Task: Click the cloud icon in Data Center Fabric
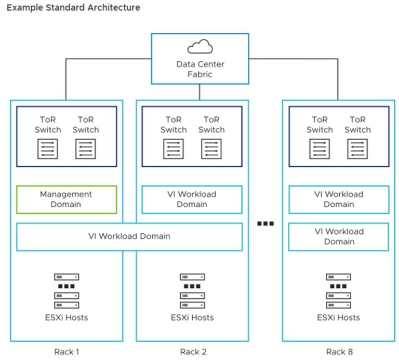[x=199, y=48]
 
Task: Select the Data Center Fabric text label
[x=199, y=70]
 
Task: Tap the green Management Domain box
[x=66, y=199]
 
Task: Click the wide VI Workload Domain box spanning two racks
[x=129, y=236]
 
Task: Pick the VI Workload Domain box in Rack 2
[x=192, y=199]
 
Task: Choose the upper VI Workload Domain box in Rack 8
[x=339, y=199]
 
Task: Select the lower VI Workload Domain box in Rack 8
[x=339, y=237]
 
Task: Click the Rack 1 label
[x=66, y=352]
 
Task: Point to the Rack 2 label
[x=192, y=352]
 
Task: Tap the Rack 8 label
[x=339, y=352]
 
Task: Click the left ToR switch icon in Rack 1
[x=48, y=149]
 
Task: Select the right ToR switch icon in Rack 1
[x=85, y=149]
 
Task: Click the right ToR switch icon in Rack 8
[x=357, y=149]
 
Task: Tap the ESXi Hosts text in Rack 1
[x=66, y=317]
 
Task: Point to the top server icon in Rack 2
[x=192, y=277]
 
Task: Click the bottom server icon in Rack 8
[x=339, y=305]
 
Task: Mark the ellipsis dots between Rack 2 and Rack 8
[x=265, y=223]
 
